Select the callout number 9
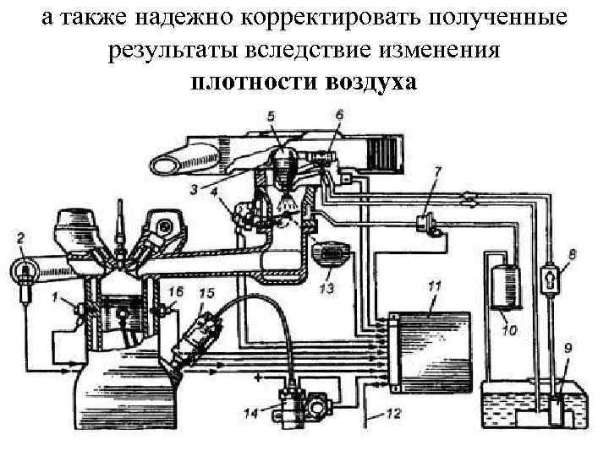coord(567,346)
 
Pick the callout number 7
coord(436,172)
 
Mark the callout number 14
coord(250,414)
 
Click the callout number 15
coord(206,293)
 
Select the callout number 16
coord(175,292)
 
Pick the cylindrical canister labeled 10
coord(504,285)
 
